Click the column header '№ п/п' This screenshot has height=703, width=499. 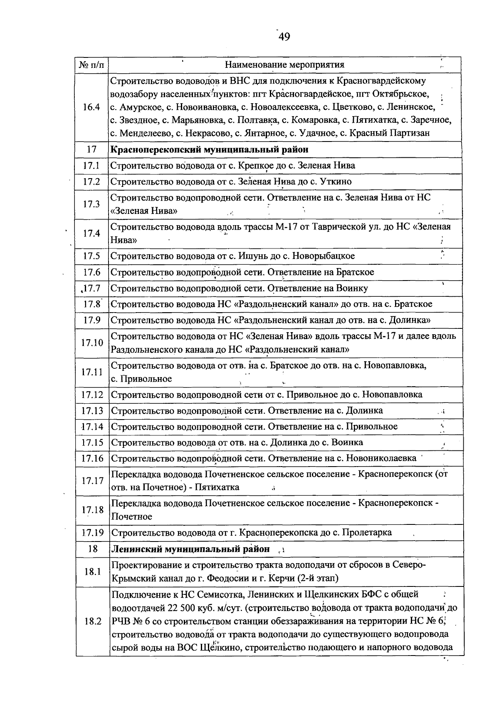click(x=92, y=65)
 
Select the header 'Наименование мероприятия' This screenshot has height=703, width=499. click(x=284, y=65)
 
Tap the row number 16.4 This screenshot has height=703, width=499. click(x=91, y=107)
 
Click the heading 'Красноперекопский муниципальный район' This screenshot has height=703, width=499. click(x=210, y=149)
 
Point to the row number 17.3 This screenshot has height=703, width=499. click(x=91, y=204)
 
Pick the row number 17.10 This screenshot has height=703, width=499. click(x=92, y=343)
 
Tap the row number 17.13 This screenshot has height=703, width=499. click(x=92, y=411)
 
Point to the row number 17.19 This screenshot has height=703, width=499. click(x=92, y=533)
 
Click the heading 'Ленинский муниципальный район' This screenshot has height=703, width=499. click(x=191, y=549)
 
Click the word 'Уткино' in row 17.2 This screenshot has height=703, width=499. click(x=335, y=182)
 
